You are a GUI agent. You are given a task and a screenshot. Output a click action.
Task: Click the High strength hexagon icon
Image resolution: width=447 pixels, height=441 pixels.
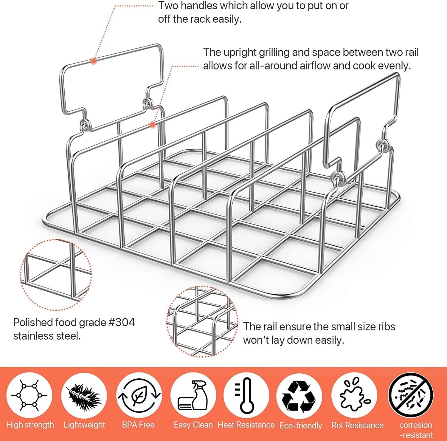29,395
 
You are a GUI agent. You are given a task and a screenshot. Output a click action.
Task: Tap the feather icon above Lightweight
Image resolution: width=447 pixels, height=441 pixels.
84,395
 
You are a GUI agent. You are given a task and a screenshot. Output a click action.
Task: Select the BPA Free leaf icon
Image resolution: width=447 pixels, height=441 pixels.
139,395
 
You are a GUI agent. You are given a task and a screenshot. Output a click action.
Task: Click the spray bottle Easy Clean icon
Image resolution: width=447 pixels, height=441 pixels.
193,395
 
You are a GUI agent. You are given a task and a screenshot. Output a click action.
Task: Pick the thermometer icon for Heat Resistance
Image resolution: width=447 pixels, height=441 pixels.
246,395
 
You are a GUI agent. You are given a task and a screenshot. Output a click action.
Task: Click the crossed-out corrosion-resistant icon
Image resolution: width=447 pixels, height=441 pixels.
411,395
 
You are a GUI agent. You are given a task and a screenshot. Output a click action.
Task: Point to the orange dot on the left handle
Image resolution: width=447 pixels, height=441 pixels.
94,61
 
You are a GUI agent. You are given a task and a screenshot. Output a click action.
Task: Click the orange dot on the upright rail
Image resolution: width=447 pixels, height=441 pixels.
152,125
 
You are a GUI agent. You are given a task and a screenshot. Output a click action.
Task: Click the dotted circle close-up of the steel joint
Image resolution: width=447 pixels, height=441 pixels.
56,274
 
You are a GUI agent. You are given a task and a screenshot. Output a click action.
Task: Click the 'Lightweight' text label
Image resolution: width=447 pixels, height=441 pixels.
84,425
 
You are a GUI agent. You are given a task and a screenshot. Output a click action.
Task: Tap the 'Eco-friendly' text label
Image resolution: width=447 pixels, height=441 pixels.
301,425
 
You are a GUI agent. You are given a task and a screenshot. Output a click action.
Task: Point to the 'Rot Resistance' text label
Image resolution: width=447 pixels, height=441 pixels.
357,425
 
